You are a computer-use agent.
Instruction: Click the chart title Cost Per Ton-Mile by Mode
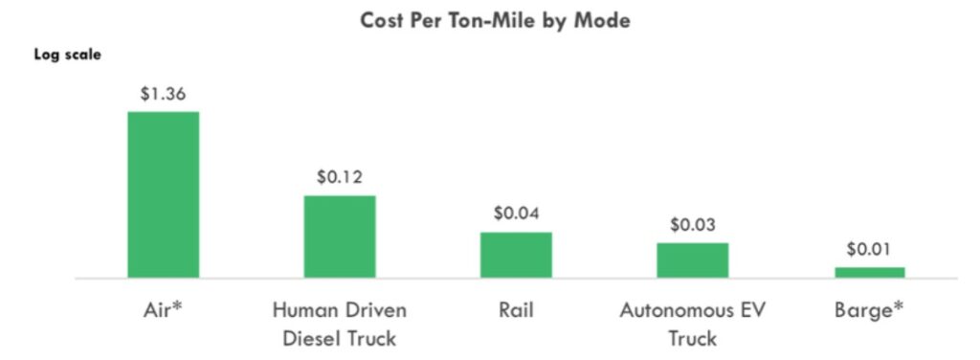coord(495,20)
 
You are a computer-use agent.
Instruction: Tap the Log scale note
coord(68,55)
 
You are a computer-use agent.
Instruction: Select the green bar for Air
coord(163,194)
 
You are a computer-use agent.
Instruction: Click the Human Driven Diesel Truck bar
coord(340,236)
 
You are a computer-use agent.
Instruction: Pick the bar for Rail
coord(516,255)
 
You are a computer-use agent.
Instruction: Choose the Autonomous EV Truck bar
coord(692,260)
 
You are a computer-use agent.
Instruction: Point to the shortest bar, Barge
coord(869,273)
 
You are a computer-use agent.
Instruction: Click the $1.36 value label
coord(163,94)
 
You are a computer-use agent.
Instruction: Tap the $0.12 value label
coord(340,177)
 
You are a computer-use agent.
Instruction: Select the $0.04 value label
coord(516,214)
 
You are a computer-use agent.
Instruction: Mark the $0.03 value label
coord(692,225)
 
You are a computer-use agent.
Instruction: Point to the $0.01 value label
coord(869,249)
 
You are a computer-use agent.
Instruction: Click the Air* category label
coord(163,310)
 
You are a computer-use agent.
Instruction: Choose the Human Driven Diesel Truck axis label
coord(340,324)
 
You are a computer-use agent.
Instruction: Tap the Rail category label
coord(516,310)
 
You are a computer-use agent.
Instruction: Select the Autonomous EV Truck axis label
coord(692,324)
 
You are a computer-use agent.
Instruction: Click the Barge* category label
coord(869,310)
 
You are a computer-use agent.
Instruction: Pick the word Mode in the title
coord(603,20)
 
